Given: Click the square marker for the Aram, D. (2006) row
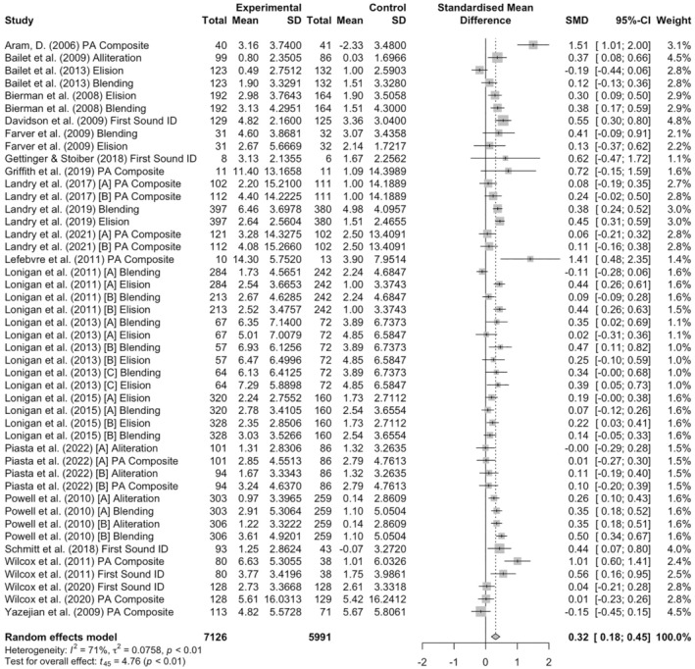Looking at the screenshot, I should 533,44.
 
